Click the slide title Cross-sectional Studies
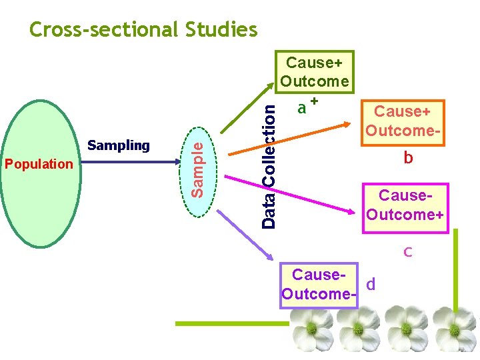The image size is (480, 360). click(143, 30)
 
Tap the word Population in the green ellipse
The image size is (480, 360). click(39, 164)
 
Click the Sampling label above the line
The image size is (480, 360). click(119, 145)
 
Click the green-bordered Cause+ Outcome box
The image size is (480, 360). click(315, 72)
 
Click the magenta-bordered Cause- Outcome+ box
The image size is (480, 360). click(405, 205)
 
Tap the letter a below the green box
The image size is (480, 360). click(302, 107)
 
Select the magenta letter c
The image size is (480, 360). click(407, 252)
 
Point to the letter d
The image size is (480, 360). click(371, 285)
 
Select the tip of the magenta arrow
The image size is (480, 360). click(354, 211)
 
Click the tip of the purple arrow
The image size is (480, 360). click(274, 260)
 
